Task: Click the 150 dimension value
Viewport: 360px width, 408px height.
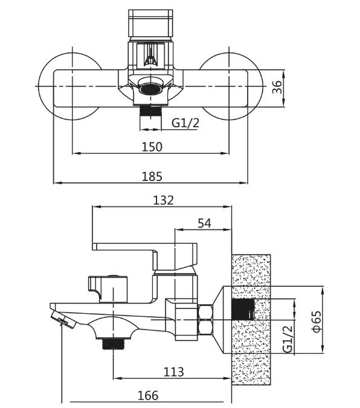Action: coord(152,147)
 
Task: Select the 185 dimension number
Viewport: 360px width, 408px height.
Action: coord(152,176)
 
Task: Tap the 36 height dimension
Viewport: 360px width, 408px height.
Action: coord(277,87)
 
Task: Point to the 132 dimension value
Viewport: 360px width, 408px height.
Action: coord(163,200)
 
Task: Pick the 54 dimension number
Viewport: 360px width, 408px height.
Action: coord(205,223)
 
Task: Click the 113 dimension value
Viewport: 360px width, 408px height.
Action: coord(173,372)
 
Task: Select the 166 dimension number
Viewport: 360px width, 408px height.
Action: coord(148,396)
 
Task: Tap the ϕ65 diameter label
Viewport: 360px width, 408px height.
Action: coord(317,321)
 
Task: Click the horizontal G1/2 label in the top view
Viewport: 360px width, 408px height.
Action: coord(185,123)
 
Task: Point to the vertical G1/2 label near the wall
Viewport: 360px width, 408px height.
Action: coord(288,339)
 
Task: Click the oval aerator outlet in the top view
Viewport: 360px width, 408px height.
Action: coord(151,89)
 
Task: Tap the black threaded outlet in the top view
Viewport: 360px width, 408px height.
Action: coord(151,110)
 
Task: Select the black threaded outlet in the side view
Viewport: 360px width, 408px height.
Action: coord(114,344)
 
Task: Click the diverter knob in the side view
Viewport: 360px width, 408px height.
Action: coord(108,289)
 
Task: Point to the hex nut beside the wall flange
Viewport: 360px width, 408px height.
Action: coord(205,319)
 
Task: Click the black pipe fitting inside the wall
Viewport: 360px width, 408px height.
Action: coord(243,309)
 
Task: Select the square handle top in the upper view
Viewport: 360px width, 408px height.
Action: coord(150,23)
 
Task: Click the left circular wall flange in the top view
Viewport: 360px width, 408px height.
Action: coord(70,86)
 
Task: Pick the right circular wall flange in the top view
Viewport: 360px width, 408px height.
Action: coord(231,86)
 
